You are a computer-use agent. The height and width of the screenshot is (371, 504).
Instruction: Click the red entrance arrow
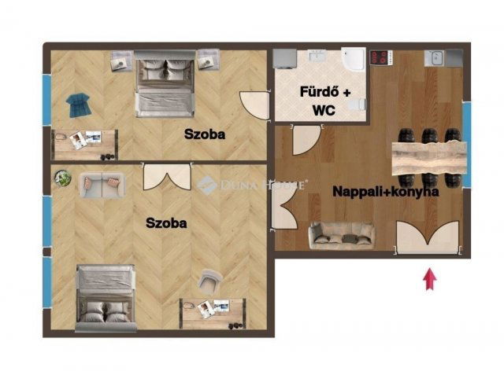(430, 280)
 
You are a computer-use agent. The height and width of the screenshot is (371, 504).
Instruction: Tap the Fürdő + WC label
(325, 101)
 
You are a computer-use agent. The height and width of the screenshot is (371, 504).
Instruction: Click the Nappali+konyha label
(386, 192)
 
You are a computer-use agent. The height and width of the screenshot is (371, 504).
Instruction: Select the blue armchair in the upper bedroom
(78, 105)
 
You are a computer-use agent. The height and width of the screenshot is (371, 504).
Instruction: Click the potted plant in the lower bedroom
(63, 178)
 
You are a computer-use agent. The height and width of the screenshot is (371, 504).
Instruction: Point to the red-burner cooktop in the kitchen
(381, 57)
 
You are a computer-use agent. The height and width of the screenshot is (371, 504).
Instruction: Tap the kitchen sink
(435, 58)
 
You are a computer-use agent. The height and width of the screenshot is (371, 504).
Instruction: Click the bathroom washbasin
(317, 55)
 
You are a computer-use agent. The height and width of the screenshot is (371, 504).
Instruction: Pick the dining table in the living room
(429, 158)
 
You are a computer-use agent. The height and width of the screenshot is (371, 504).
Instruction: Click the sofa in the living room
(341, 236)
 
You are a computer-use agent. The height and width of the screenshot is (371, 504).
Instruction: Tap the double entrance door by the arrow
(428, 237)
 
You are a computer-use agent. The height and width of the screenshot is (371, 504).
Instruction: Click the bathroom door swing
(306, 140)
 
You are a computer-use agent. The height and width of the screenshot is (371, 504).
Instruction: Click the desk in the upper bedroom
(85, 145)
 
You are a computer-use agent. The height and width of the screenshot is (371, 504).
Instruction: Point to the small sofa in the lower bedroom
(102, 185)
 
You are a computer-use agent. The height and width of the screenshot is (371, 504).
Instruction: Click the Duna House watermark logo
(206, 185)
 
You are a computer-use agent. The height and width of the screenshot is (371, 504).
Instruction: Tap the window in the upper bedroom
(47, 100)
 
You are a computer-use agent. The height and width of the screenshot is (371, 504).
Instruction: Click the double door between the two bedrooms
(167, 177)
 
